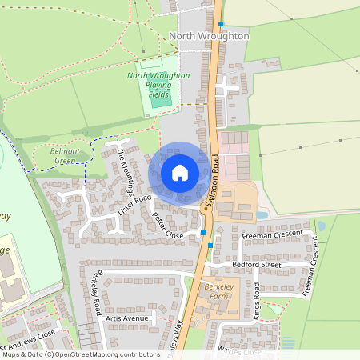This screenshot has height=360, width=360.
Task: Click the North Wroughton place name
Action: [210, 36]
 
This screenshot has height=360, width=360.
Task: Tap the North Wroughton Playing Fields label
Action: [158, 85]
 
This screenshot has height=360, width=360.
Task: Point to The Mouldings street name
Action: [126, 170]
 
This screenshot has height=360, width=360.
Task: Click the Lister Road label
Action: [134, 206]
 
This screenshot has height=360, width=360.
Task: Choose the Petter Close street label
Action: [167, 226]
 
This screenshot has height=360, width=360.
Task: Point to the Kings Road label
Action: [256, 301]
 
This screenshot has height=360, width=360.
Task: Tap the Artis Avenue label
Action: [126, 318]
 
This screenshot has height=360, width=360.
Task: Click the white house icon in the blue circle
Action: [180, 172]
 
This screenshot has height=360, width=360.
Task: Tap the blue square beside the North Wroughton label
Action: [221, 24]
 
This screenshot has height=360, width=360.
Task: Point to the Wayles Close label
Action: [240, 351]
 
